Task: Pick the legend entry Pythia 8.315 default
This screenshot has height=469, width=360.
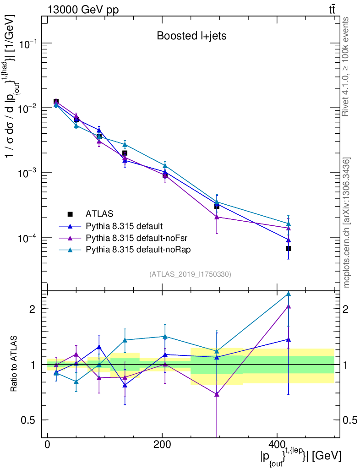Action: (x=124, y=226)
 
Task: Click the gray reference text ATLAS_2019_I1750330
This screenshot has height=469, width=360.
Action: (x=190, y=274)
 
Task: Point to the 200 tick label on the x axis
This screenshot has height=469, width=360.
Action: (x=162, y=445)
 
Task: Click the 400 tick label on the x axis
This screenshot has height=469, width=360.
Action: (x=277, y=445)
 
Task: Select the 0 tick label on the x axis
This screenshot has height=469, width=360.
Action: (x=48, y=445)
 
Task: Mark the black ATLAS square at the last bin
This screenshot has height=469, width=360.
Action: (x=289, y=248)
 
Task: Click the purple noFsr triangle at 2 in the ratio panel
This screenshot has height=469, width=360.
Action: (x=289, y=306)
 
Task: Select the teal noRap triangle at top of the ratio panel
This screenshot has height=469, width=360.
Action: (x=289, y=294)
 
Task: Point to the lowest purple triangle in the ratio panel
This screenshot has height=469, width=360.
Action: (x=217, y=394)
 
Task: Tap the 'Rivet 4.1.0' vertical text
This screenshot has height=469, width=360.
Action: (x=347, y=66)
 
